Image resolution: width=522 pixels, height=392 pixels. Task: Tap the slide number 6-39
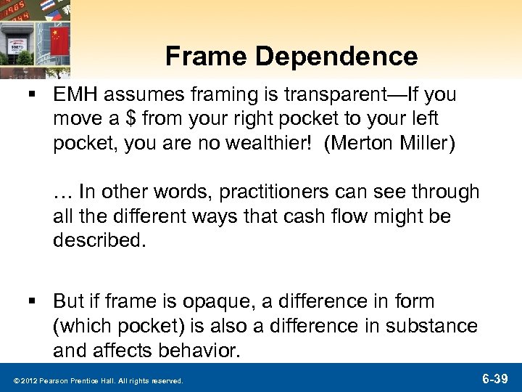[x=495, y=379]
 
